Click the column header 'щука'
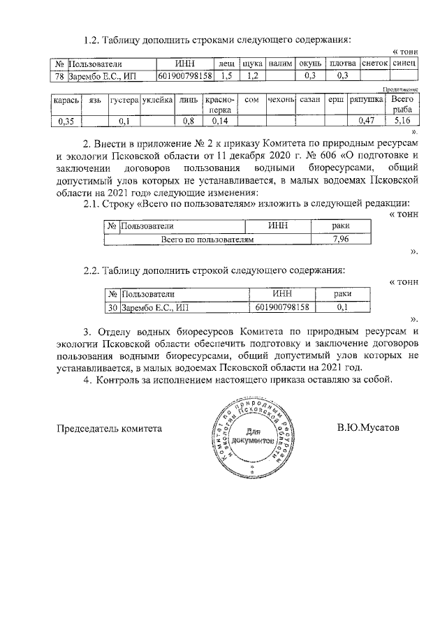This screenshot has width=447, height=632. [253, 64]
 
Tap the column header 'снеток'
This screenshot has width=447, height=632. [374, 64]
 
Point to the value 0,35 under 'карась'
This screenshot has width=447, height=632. [67, 122]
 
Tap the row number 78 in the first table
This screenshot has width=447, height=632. [60, 75]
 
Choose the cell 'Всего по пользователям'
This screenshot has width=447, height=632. [207, 239]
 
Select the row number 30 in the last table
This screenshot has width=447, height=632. [112, 307]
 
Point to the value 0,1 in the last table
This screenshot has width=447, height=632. [342, 307]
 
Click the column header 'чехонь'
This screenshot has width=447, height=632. [281, 101]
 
